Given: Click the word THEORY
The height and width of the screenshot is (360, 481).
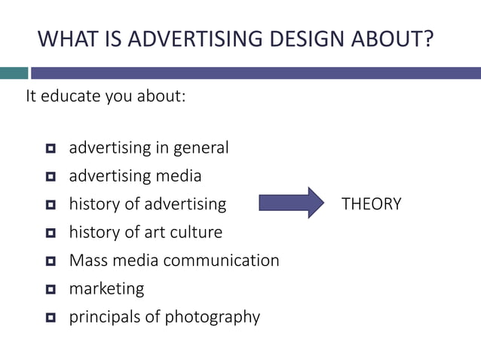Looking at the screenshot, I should click(x=372, y=204).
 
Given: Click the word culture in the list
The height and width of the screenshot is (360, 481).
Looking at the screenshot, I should click(x=196, y=232).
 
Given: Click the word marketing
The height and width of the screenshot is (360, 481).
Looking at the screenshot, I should click(x=106, y=289).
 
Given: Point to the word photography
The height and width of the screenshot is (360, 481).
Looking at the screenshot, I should click(x=213, y=317).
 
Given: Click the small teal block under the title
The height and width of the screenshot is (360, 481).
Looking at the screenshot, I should click(x=14, y=73).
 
